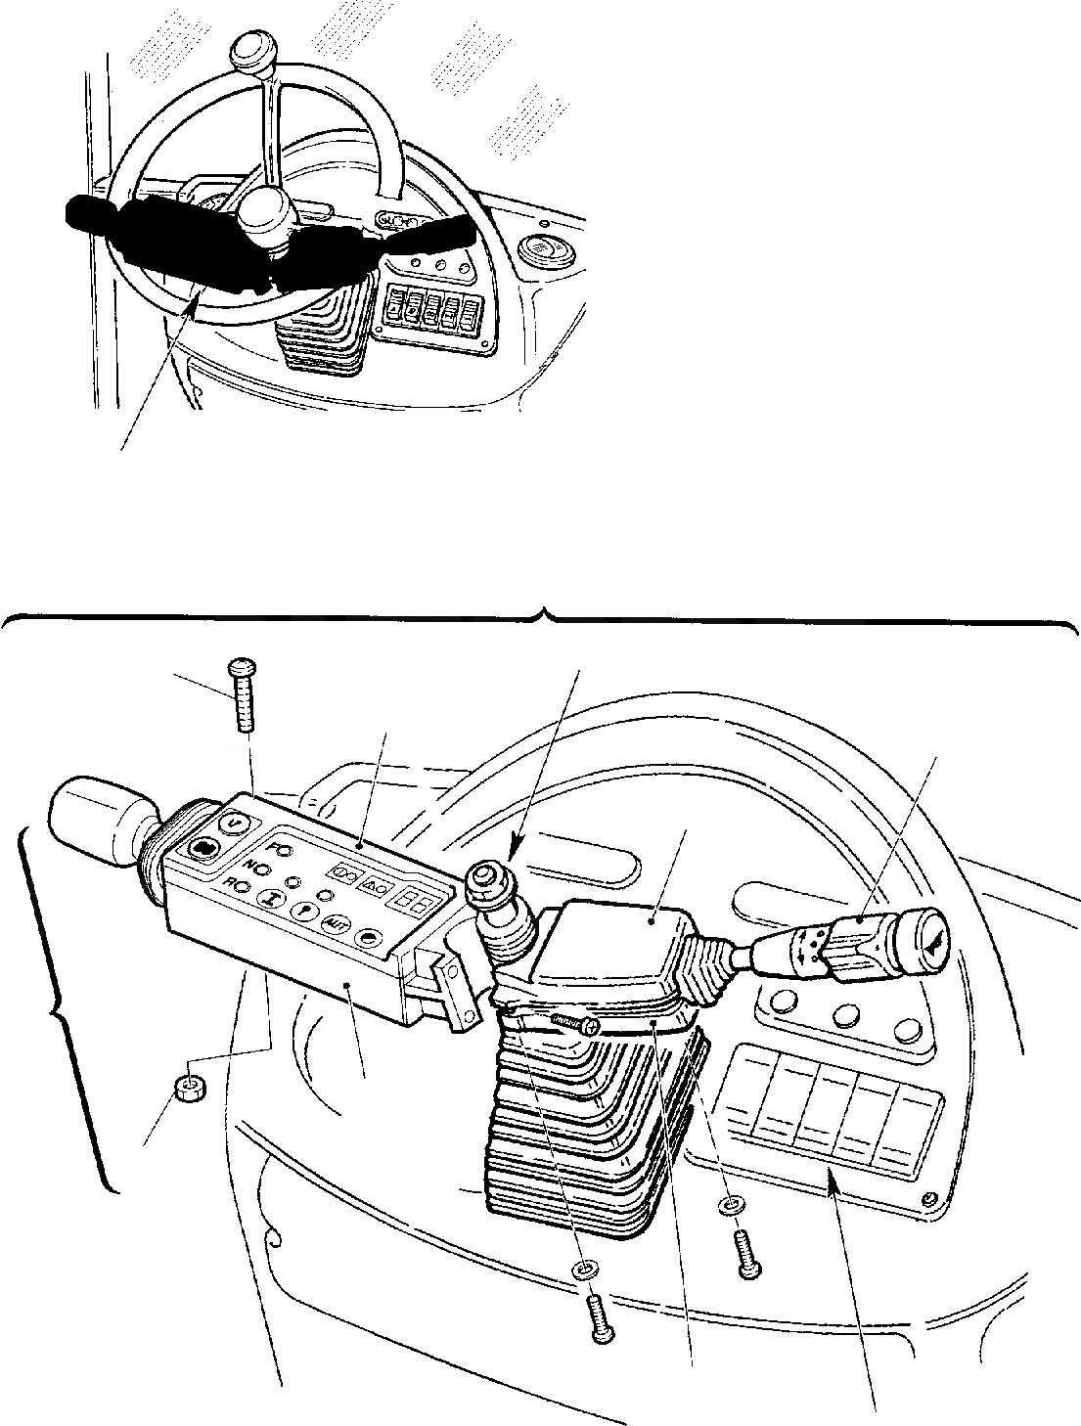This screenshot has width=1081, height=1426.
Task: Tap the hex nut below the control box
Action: (x=188, y=1087)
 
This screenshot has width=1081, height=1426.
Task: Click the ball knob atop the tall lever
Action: (x=251, y=52)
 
